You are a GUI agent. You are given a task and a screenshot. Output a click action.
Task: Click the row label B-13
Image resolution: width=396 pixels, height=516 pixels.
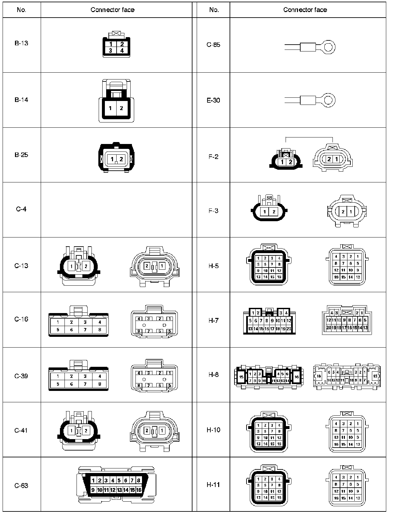point(21,43)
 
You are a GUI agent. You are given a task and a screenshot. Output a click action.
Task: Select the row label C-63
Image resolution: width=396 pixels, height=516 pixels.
point(21,485)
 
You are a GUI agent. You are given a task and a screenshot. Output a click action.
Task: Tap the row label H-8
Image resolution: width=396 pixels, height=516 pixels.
point(214,374)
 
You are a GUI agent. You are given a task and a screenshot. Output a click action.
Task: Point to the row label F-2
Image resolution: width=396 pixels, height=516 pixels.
point(214,157)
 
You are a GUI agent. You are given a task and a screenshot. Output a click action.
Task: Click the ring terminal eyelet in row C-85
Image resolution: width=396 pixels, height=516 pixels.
point(329,47)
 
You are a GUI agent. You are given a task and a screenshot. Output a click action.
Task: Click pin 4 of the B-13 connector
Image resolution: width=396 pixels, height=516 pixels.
point(122,50)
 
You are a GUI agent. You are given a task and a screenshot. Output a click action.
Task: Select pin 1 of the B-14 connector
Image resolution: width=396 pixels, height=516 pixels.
point(110,108)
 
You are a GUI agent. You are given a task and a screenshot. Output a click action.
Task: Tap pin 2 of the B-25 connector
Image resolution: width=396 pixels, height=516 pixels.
point(121,159)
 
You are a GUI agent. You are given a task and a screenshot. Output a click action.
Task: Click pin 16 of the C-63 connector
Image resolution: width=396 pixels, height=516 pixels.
point(139,490)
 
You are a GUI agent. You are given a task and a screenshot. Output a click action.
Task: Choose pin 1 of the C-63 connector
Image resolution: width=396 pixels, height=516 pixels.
point(93,480)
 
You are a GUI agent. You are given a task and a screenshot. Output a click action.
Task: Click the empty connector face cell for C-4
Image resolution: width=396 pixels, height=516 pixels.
point(116,209)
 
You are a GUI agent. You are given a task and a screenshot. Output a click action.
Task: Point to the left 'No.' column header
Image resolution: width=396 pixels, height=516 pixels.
point(21,10)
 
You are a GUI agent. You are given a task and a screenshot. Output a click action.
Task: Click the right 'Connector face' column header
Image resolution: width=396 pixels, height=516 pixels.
point(305,10)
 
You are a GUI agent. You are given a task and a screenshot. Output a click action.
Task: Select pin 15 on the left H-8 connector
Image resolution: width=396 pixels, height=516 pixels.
point(241,377)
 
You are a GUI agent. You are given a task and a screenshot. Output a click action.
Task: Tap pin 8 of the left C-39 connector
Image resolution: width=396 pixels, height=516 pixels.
point(100,384)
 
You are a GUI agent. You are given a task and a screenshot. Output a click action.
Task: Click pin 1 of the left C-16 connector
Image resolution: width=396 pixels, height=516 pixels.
point(58,322)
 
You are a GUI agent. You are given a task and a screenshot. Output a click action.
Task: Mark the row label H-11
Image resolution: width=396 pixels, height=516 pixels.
point(214,484)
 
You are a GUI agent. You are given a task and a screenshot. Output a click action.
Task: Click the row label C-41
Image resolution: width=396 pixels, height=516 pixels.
point(21,430)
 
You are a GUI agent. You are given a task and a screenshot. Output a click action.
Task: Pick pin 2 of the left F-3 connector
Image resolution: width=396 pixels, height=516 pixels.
point(274,212)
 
